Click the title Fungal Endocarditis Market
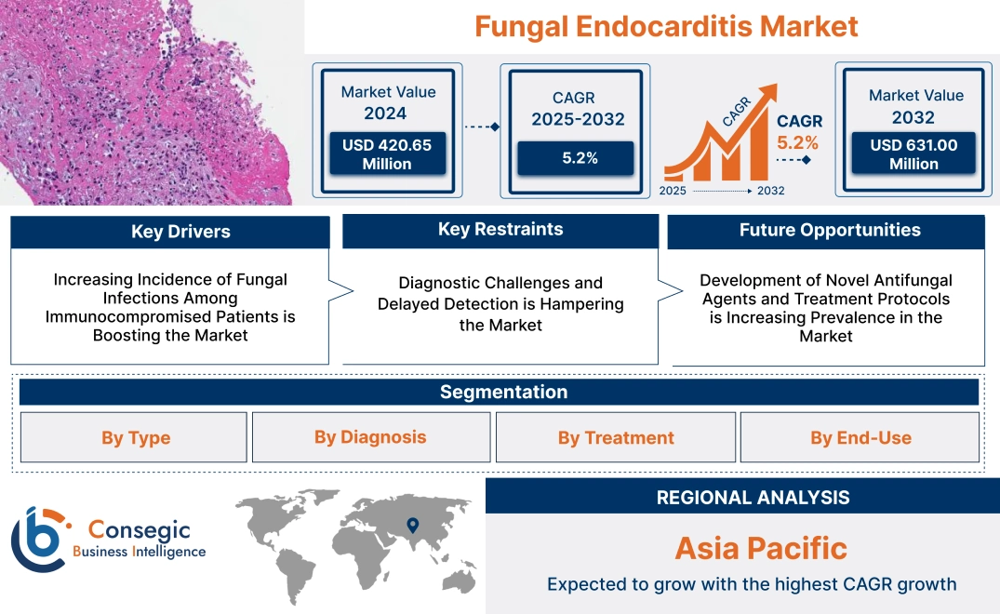[666, 26]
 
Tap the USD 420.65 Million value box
[387, 154]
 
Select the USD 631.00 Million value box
[913, 154]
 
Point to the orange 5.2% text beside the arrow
[798, 142]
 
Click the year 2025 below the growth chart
[674, 191]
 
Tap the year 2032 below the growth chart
[770, 191]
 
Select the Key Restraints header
[500, 230]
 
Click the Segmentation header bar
[503, 392]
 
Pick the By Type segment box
[136, 438]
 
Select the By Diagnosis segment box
[370, 437]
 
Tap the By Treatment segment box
[616, 438]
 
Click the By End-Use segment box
[860, 438]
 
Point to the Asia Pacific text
[761, 548]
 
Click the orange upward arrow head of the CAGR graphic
[768, 93]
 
